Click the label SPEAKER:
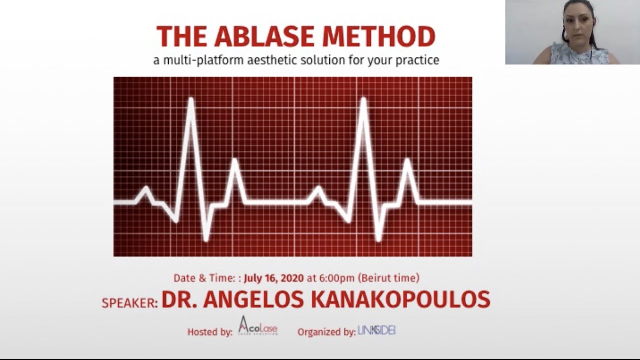pyautogui.click(x=130, y=303)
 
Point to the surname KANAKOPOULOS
pyautogui.click(x=400, y=300)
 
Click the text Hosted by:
pyautogui.click(x=210, y=332)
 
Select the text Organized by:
pyautogui.click(x=326, y=331)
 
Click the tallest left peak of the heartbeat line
pyautogui.click(x=191, y=99)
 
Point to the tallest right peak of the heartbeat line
pyautogui.click(x=363, y=99)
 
